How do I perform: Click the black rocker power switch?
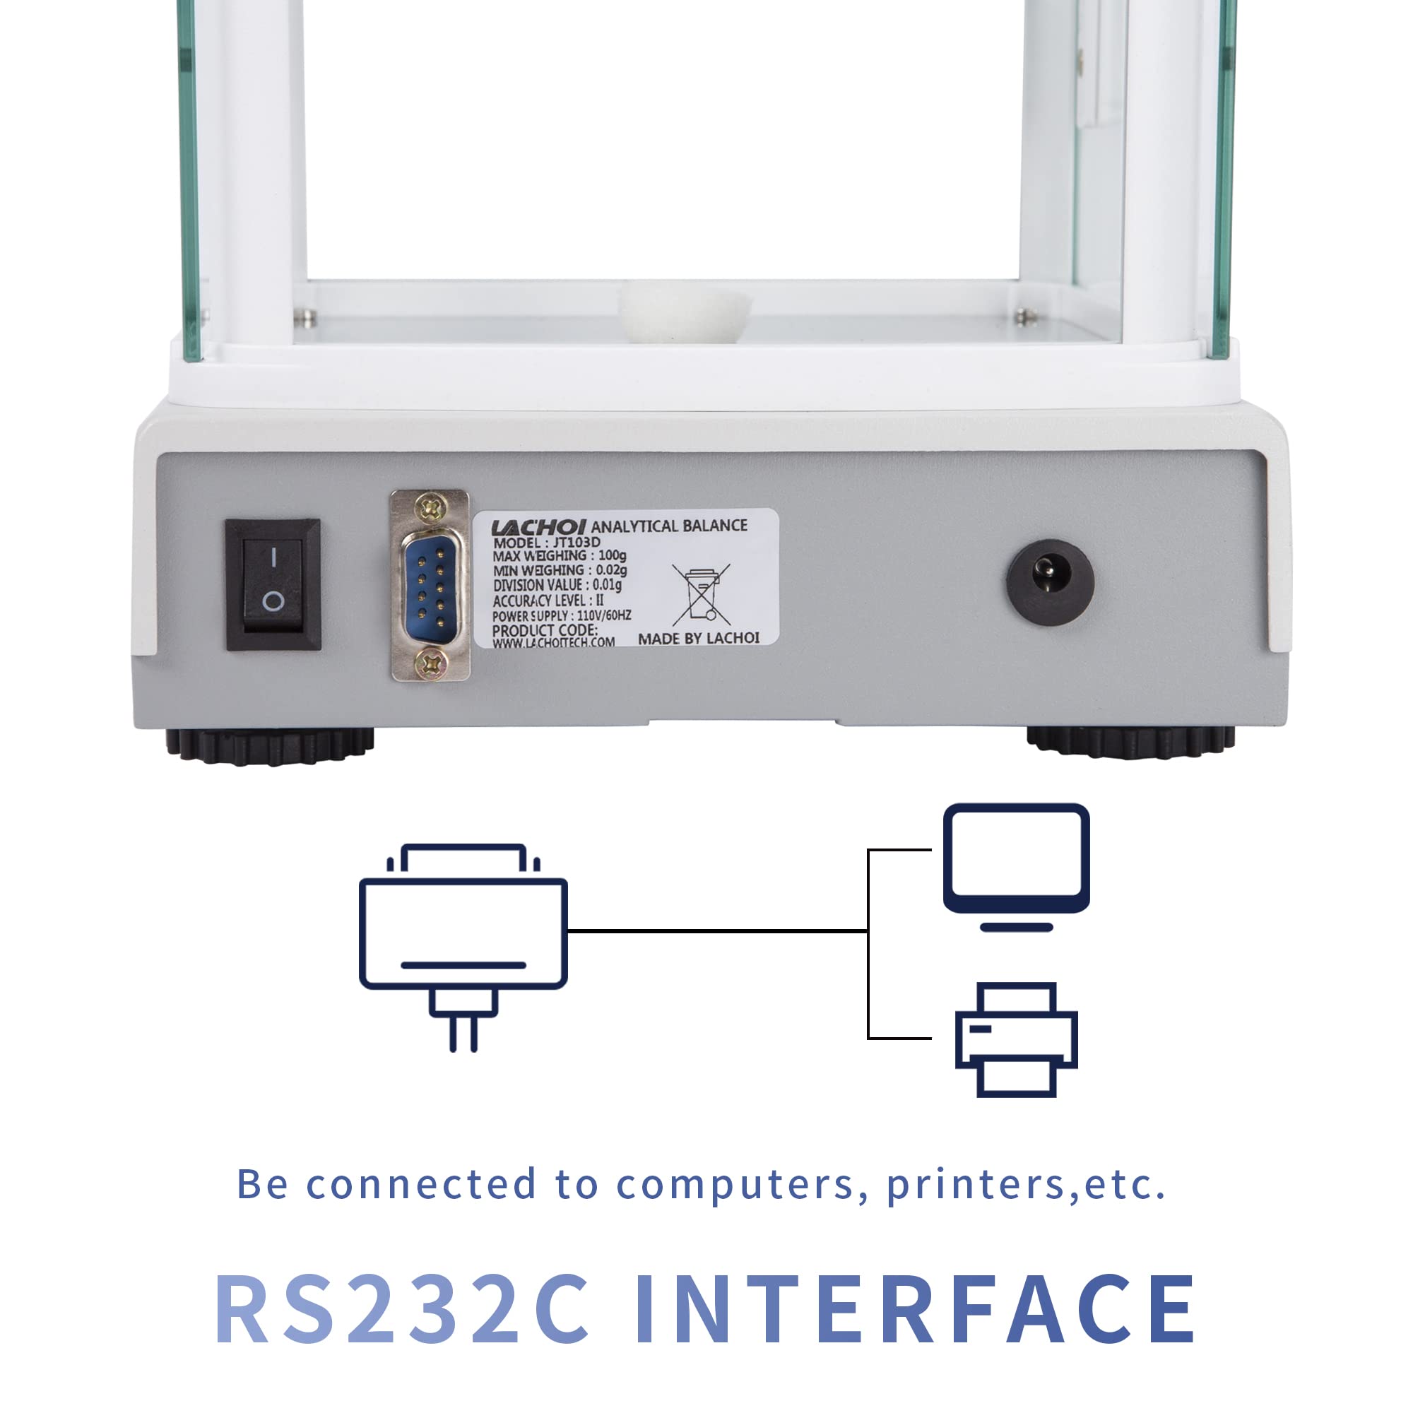tap(273, 584)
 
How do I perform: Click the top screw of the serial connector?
tap(430, 505)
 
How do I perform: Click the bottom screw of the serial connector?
tap(431, 664)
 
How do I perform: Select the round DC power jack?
tap(1051, 582)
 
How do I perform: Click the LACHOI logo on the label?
tap(538, 526)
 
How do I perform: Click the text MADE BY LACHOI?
tap(699, 639)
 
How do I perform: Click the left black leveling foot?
tap(270, 747)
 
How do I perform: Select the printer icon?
tap(1016, 1039)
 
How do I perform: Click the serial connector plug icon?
tap(463, 948)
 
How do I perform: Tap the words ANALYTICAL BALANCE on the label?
tap(669, 525)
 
